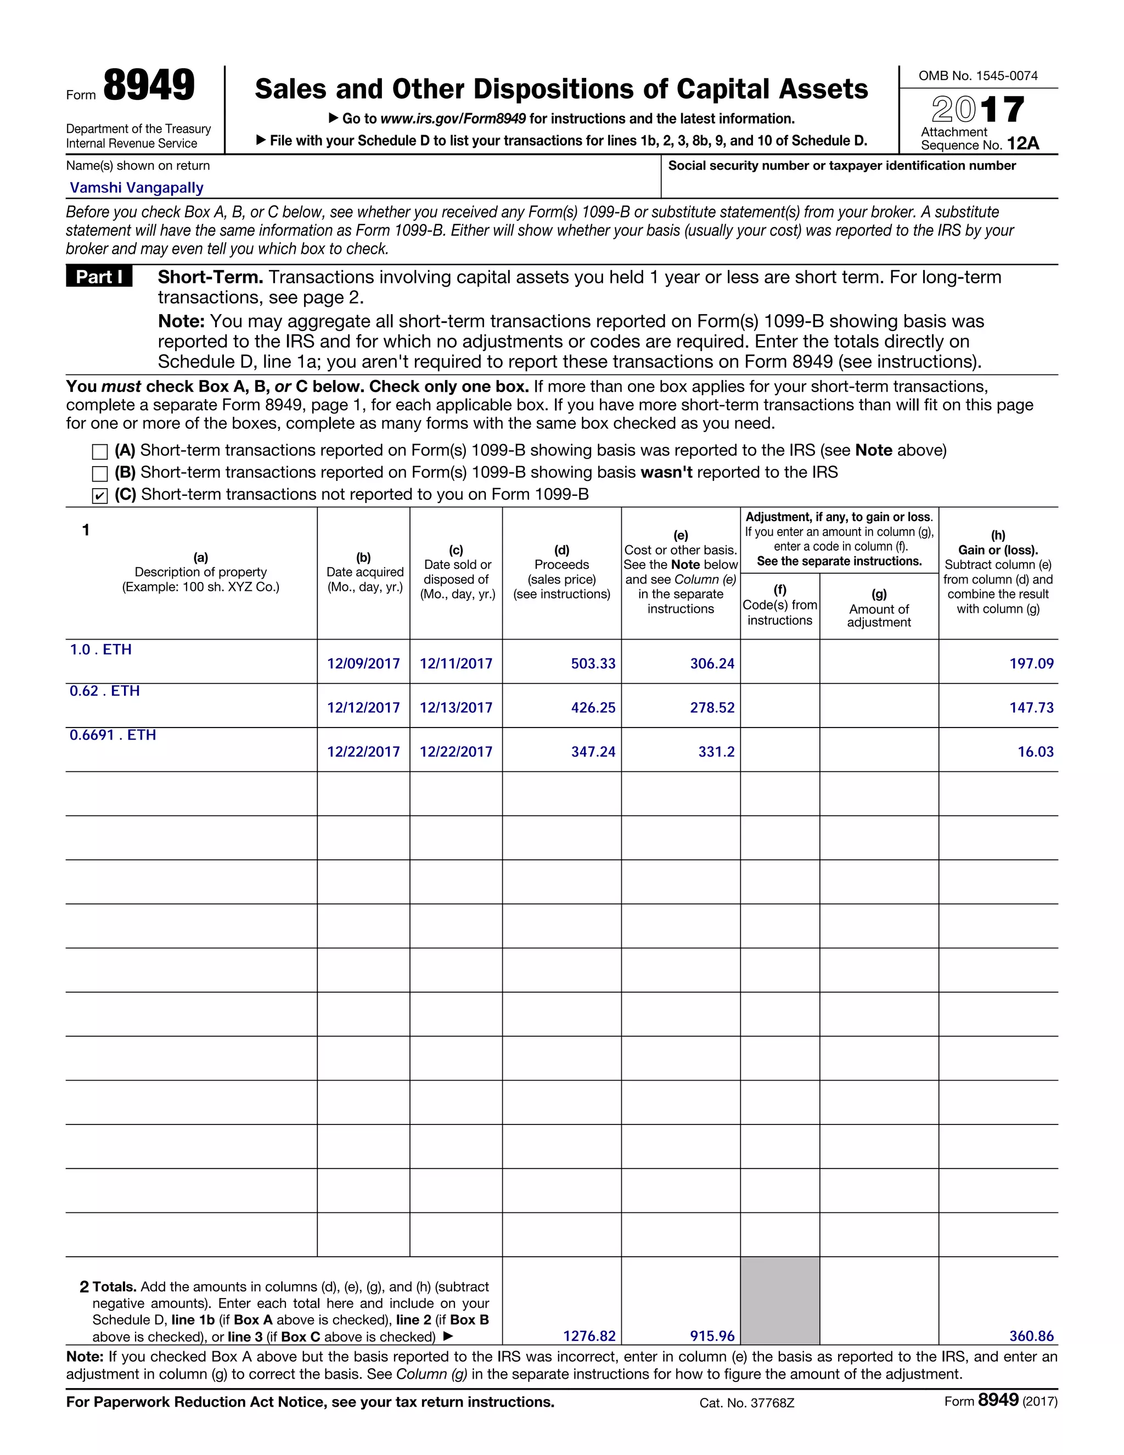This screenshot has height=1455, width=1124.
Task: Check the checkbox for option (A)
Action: (x=100, y=452)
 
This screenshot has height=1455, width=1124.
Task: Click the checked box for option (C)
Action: (x=100, y=496)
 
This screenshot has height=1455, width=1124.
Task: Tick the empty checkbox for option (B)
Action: (x=100, y=474)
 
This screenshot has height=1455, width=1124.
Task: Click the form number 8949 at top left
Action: (x=149, y=86)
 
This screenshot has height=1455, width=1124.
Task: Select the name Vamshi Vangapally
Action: (x=137, y=188)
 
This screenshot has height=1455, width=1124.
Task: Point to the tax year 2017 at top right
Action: (x=977, y=109)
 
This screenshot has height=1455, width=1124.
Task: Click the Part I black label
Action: (x=99, y=277)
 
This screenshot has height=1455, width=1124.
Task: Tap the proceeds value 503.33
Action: (x=593, y=664)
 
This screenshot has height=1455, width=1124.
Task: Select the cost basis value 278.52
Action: (x=712, y=708)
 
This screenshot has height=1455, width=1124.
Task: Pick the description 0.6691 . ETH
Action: (x=113, y=735)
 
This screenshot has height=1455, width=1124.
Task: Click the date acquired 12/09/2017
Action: (x=363, y=664)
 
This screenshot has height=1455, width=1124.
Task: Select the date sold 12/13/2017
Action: (x=456, y=708)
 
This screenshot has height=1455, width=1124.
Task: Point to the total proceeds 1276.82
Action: (x=589, y=1336)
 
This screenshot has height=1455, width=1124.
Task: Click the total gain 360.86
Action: (x=1031, y=1336)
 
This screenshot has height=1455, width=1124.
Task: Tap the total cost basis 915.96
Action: (x=712, y=1336)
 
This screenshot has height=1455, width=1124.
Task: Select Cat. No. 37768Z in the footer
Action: (x=746, y=1403)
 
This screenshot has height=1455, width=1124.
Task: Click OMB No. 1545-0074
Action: (x=977, y=76)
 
